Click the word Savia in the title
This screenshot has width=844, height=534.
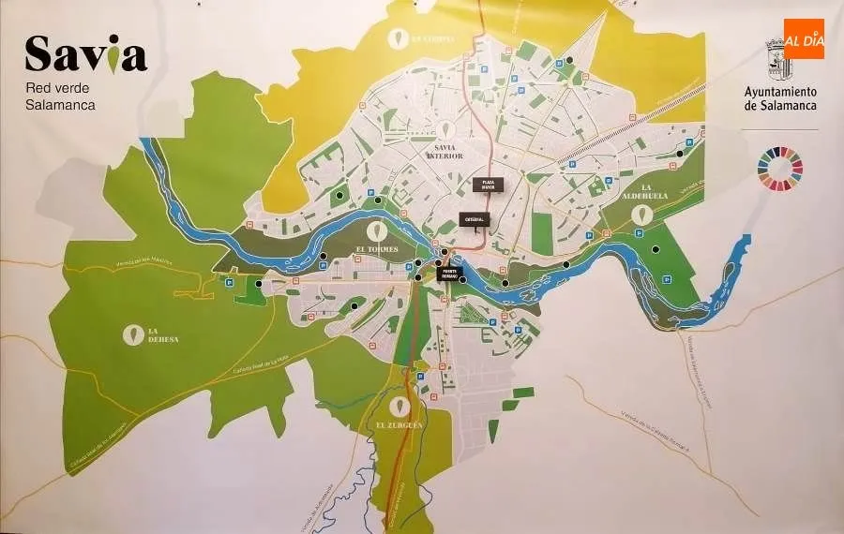coord(85,54)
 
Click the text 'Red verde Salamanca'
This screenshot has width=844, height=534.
coord(61,97)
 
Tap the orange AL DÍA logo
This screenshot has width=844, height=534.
coord(804,39)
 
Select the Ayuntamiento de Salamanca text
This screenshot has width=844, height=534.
coord(780,98)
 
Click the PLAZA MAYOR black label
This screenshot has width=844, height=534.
coord(488,184)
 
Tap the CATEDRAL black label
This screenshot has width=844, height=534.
coord(472,220)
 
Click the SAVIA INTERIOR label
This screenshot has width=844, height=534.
coord(445,151)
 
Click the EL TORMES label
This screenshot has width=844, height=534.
coord(377,250)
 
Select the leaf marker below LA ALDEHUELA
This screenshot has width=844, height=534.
coord(641,215)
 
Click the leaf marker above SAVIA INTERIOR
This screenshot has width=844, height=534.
coord(445,130)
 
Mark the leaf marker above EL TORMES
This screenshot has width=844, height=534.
coord(378,230)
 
